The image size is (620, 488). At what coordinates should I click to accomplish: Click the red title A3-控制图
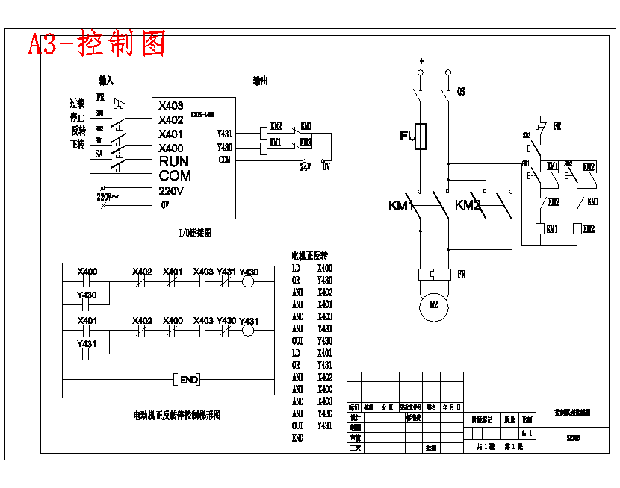pos(96,45)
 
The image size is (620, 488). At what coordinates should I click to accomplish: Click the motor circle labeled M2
pos(433,305)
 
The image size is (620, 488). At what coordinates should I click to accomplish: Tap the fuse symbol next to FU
pos(421,137)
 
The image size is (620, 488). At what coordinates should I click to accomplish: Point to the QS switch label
pos(461,92)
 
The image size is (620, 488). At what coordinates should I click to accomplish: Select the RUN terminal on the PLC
pos(173,161)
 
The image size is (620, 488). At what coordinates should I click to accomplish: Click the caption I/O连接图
pos(194,233)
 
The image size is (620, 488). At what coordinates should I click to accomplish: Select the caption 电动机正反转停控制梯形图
pos(177,415)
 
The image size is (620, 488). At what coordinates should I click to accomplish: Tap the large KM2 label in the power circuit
pos(468,205)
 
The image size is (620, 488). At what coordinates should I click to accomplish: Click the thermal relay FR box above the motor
pos(433,274)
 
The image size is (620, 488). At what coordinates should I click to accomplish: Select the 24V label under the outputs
pos(305,168)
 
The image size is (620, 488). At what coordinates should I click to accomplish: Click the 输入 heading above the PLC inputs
pos(106,80)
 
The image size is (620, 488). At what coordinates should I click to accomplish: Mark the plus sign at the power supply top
pos(421,60)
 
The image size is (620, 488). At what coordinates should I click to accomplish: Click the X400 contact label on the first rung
pos(87,271)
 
